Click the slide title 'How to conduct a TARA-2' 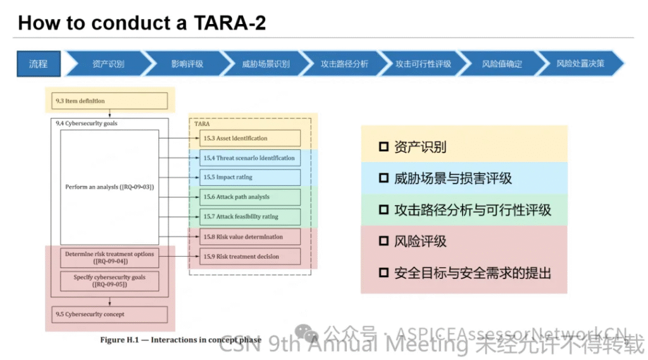[142, 23]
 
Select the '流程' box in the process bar [39, 64]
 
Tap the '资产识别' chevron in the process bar [108, 64]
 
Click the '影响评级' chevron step [187, 64]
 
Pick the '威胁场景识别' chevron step [265, 64]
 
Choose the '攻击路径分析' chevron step [344, 64]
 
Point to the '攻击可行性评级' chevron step [423, 64]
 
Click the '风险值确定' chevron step [501, 64]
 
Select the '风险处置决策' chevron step [580, 64]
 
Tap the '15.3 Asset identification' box [250, 138]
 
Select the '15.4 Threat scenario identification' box [250, 158]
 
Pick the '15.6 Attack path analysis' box [250, 197]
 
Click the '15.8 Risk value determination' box [250, 237]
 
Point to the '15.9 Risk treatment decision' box [250, 257]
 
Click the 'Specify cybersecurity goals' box [109, 280]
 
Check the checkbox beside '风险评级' [383, 242]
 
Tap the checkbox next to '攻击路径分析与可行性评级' [383, 210]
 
